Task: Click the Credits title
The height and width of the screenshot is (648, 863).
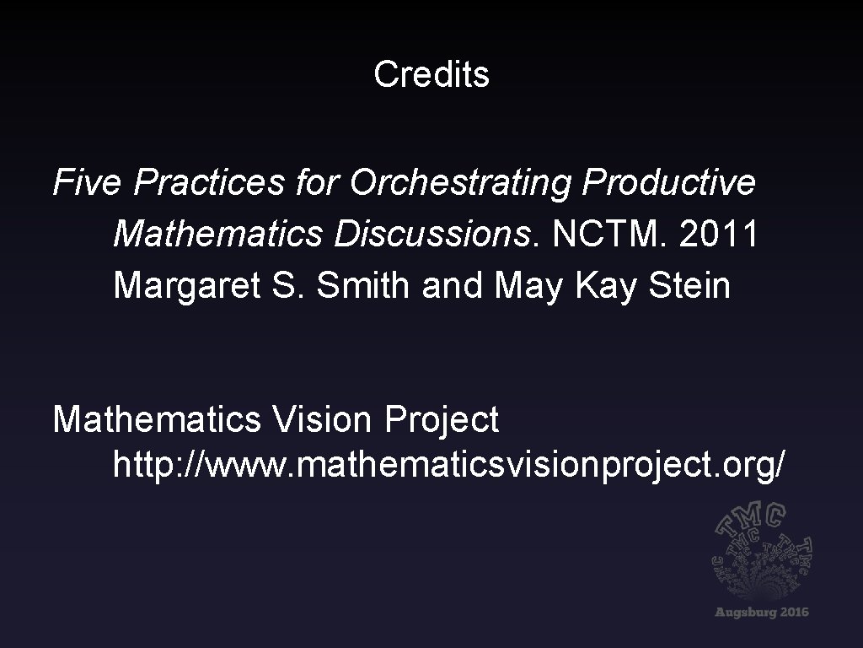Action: click(431, 75)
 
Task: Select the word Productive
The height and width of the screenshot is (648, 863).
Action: click(668, 182)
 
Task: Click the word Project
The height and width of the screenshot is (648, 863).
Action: click(442, 419)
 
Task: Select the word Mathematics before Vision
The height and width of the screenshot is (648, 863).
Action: click(157, 419)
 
